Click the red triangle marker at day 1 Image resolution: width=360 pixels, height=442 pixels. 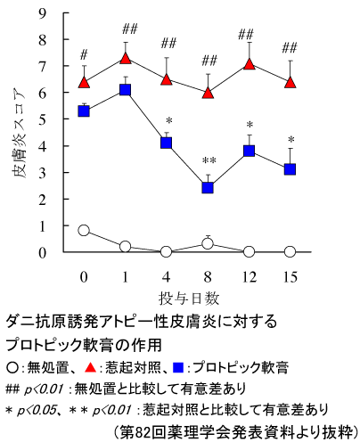tap(126, 59)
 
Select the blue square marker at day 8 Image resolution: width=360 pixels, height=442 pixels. tap(208, 188)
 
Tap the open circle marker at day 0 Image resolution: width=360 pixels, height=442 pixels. tap(84, 230)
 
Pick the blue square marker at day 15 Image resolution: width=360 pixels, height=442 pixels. tap(290, 169)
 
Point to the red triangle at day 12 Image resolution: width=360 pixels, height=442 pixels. tap(250, 64)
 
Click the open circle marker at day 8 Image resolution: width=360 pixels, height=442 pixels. tap(208, 244)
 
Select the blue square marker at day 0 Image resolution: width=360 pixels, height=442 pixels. tap(84, 111)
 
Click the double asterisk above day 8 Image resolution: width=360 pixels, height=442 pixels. tap(209, 161)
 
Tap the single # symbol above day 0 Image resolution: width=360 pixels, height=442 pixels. tap(84, 55)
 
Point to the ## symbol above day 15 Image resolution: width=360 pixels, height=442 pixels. tap(290, 48)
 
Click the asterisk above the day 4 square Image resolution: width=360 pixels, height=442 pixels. tap(169, 121)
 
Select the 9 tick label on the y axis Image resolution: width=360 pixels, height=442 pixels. tap(43, 13)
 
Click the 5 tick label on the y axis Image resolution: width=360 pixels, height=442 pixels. tap(43, 119)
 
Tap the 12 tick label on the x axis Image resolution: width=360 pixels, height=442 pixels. tap(249, 277)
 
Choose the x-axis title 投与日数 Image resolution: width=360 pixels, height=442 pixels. tap(189, 298)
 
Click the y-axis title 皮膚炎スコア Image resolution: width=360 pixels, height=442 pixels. tap(20, 133)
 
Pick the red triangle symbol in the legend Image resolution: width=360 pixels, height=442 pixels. tap(90, 368)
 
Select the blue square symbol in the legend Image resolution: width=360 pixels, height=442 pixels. tap(178, 368)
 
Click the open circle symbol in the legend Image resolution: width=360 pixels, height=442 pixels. tap(12, 368)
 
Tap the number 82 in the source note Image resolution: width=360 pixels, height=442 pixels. tap(143, 432)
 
